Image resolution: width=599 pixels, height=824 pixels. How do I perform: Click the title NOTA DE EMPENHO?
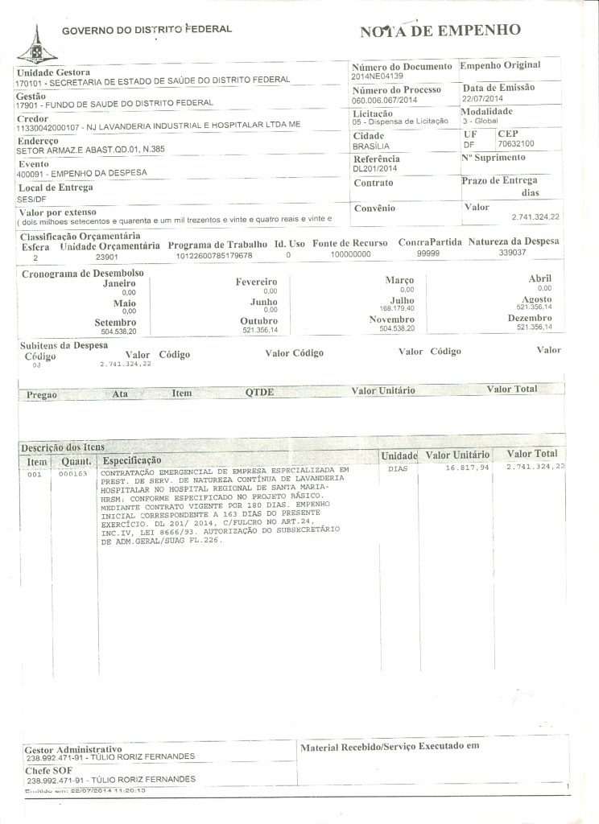(440, 31)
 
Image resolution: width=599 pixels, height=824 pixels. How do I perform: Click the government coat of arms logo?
(33, 46)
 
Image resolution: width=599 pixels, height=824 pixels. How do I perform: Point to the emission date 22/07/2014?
(482, 98)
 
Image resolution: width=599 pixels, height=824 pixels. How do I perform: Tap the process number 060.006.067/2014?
(385, 101)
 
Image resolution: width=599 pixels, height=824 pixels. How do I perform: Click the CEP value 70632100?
(517, 143)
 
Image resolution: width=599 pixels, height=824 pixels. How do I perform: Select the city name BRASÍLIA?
(371, 147)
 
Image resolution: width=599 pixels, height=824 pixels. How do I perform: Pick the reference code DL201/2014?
(375, 170)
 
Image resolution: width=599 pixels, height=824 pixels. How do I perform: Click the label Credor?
(32, 118)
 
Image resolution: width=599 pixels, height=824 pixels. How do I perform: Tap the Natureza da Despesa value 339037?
(512, 253)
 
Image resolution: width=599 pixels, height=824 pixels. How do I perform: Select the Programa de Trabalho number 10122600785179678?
(214, 255)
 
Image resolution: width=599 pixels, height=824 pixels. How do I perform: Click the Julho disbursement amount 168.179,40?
(396, 308)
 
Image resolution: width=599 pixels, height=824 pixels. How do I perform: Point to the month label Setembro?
(115, 323)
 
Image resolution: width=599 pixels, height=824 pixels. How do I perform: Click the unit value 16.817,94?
(467, 468)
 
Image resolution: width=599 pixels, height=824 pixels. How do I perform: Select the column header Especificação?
(131, 460)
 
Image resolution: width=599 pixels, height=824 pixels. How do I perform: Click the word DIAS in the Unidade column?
(398, 468)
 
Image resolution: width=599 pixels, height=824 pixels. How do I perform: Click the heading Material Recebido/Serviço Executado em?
(390, 746)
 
